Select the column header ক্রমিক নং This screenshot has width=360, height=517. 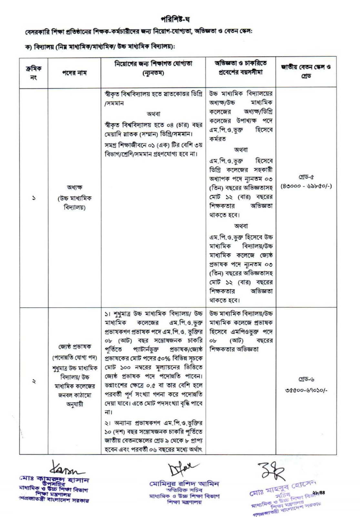(x=33, y=73)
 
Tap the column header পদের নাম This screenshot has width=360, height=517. (x=74, y=73)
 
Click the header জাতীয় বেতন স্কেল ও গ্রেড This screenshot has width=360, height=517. (x=306, y=72)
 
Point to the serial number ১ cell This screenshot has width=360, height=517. (x=34, y=198)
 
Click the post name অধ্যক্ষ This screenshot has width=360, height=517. (x=74, y=188)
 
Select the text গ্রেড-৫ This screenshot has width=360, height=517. (x=306, y=177)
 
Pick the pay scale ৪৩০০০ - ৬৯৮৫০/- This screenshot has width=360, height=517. (x=306, y=186)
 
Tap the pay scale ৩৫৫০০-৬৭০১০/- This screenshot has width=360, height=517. (x=306, y=390)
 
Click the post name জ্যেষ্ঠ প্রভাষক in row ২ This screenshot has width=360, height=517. (x=75, y=347)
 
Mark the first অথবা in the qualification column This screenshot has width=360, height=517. (x=153, y=114)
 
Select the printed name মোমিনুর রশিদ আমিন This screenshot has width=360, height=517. (x=184, y=483)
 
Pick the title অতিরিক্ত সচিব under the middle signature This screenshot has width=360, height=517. (x=184, y=490)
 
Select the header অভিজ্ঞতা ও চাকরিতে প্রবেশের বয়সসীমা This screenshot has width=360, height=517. (x=240, y=67)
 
